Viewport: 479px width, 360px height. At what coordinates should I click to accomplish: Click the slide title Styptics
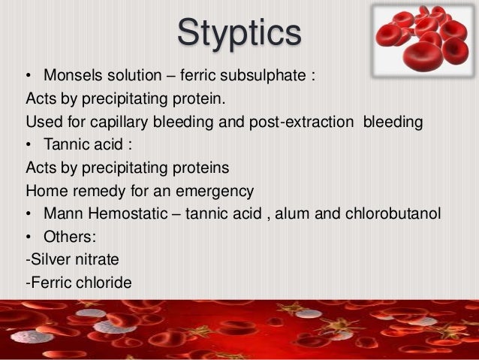coord(239,35)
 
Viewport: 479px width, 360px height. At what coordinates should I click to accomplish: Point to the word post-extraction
coord(306,123)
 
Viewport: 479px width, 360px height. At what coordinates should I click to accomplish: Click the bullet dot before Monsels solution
coord(29,77)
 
